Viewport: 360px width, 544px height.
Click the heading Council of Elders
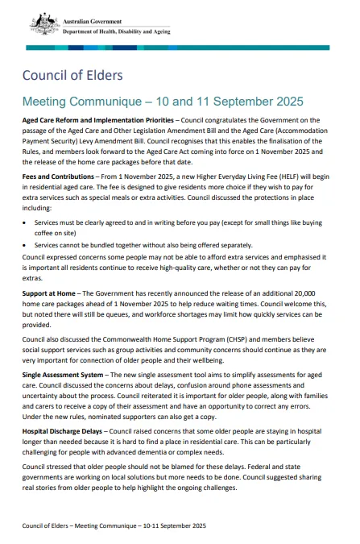[72, 76]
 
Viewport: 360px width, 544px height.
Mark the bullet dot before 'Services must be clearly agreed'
[26, 222]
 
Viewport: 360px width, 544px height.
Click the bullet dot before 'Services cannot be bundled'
[26, 245]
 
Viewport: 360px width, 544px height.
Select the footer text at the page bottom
[114, 525]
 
